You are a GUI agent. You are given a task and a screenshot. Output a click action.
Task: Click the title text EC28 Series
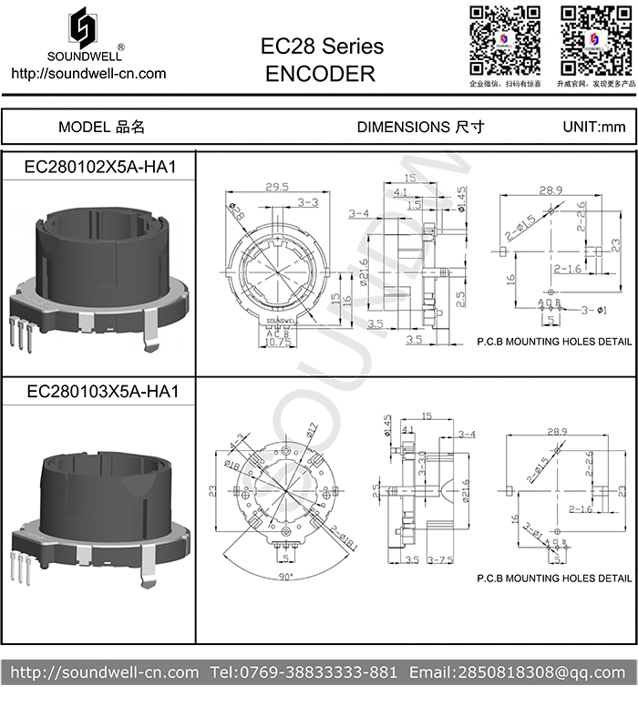tap(322, 46)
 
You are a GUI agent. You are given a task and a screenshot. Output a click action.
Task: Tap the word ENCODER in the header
tap(320, 75)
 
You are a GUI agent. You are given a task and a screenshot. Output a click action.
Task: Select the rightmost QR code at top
tap(595, 41)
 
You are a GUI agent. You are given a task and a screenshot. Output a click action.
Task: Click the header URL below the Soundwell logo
tap(87, 74)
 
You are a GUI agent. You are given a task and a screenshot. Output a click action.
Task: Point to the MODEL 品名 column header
tap(101, 128)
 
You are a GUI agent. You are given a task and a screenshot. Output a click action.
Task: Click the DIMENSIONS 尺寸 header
tap(420, 128)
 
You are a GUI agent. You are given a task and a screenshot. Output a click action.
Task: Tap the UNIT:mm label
tap(594, 128)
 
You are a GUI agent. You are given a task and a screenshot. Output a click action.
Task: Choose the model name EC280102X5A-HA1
tap(99, 168)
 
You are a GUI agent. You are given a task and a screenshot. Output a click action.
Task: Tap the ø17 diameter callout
tap(310, 427)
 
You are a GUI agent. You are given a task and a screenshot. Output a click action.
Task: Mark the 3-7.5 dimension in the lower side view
tap(440, 559)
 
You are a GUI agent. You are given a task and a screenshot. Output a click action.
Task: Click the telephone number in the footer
tap(304, 673)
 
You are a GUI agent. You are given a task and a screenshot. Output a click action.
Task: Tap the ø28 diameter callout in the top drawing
tap(236, 210)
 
